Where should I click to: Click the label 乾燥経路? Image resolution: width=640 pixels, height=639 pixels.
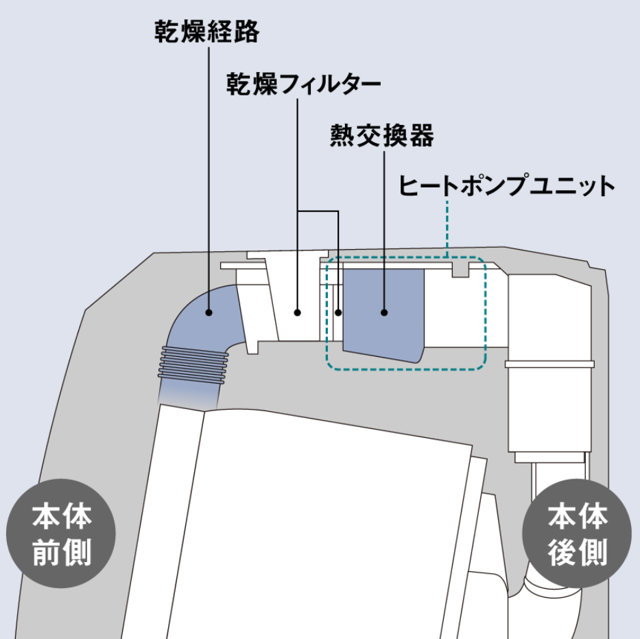[207, 32]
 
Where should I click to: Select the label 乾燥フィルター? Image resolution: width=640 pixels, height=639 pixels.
[304, 84]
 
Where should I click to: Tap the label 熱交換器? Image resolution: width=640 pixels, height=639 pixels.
[382, 136]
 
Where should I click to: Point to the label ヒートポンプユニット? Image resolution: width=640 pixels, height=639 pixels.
[506, 185]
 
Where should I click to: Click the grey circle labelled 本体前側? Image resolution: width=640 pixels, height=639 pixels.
[61, 533]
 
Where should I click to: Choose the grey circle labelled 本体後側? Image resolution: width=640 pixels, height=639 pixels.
[577, 533]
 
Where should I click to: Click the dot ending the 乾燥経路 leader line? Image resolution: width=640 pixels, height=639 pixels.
[209, 313]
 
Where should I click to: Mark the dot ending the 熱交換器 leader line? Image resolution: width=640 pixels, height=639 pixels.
[384, 313]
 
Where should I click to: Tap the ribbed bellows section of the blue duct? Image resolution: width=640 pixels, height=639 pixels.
[193, 365]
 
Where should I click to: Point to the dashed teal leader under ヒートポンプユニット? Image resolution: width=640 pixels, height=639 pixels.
[447, 229]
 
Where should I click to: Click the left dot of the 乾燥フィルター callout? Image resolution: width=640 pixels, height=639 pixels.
[298, 313]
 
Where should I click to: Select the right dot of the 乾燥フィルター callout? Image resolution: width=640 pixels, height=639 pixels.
[338, 313]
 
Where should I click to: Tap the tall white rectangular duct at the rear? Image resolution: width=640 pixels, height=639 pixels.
[549, 363]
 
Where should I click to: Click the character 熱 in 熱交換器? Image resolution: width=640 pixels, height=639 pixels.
[342, 136]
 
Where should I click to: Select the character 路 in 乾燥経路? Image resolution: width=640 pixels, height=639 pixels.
[247, 32]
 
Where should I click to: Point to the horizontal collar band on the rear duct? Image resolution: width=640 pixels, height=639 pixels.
[549, 364]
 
